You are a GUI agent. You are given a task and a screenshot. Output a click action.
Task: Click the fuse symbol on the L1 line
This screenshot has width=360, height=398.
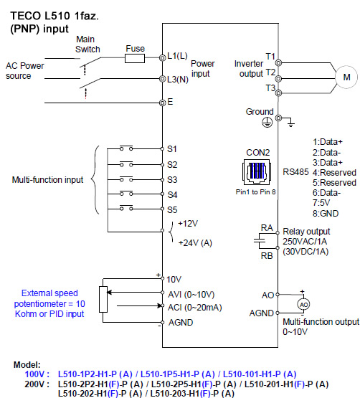[135, 58]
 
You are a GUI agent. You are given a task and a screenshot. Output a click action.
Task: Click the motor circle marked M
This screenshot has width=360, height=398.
[346, 77]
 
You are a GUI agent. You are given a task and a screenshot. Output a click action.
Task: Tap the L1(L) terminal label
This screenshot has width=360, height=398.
[177, 56]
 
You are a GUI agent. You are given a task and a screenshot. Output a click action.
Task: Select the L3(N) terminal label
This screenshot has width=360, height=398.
[178, 80]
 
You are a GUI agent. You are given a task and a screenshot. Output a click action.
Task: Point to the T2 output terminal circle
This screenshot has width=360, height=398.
[278, 79]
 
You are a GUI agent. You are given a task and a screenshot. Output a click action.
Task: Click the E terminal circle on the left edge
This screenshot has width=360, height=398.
[163, 103]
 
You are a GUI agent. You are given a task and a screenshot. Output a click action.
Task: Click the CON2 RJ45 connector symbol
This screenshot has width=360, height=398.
[257, 172]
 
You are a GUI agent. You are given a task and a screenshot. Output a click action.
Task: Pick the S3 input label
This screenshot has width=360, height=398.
[172, 180]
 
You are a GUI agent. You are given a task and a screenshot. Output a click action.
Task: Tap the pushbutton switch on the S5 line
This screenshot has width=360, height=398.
[126, 208]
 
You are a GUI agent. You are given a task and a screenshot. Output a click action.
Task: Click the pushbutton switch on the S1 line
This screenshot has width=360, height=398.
[126, 148]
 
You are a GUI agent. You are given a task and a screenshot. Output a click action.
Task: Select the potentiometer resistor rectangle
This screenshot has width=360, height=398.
[103, 299]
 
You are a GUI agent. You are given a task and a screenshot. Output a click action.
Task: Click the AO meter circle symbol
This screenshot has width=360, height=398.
[303, 304]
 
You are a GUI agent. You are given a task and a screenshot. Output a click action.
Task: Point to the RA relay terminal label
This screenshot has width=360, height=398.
[267, 227]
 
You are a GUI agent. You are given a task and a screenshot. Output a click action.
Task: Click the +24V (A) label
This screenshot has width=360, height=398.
[195, 243]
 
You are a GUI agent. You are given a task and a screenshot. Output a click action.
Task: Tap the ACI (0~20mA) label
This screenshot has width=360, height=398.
[195, 308]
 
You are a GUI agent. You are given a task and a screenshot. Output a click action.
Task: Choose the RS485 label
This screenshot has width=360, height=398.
[295, 172]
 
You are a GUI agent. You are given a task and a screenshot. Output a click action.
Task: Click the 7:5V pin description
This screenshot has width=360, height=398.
[321, 203]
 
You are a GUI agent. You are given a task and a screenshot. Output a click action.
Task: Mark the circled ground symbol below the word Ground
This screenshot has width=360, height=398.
[267, 123]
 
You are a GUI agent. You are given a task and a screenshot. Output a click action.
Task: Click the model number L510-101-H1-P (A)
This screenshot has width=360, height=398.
[260, 374]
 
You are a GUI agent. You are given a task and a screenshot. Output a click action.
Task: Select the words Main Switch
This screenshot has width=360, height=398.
[87, 44]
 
